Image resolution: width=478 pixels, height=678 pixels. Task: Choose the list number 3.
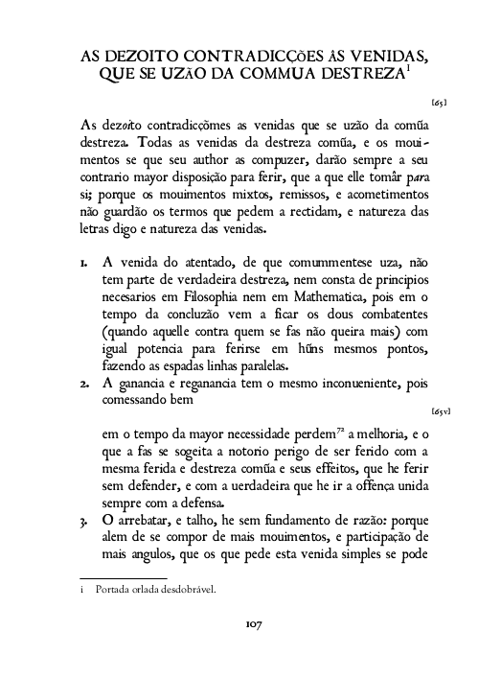pyautogui.click(x=84, y=522)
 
